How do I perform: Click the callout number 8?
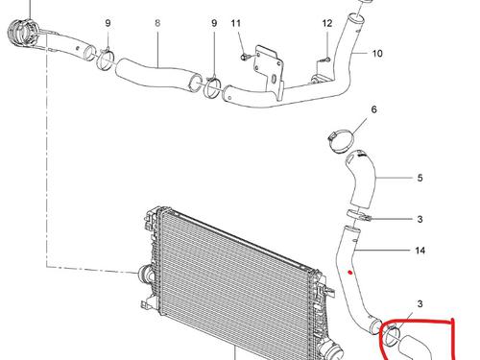click(157, 23)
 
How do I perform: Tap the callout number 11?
click(236, 23)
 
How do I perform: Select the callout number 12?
click(327, 23)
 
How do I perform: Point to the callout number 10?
click(377, 53)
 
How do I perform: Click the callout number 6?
click(374, 109)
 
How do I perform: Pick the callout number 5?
click(420, 178)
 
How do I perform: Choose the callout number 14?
click(420, 251)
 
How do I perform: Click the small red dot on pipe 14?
click(350, 273)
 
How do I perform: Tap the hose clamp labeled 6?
click(341, 140)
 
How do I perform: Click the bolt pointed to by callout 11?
click(244, 57)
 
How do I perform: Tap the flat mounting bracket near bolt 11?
click(269, 72)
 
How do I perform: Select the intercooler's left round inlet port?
click(144, 275)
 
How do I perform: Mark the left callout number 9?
click(108, 23)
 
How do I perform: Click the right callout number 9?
click(214, 23)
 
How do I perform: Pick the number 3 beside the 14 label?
click(420, 219)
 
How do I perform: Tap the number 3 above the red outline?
click(420, 303)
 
